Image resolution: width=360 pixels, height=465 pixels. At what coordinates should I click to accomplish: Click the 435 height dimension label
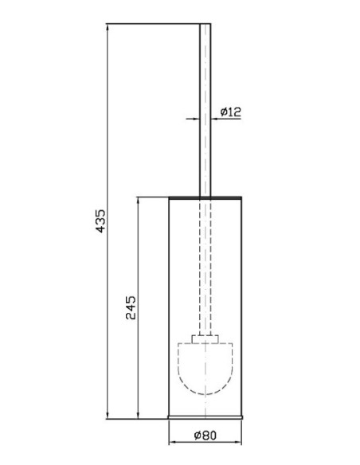click(x=101, y=221)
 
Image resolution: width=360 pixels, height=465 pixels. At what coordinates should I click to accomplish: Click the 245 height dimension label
click(x=131, y=307)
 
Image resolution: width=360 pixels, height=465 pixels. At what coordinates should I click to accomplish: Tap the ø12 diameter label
click(x=231, y=112)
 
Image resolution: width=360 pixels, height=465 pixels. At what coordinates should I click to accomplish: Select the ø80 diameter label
click(x=205, y=436)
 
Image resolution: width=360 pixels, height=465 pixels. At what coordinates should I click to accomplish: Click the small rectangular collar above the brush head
click(x=205, y=339)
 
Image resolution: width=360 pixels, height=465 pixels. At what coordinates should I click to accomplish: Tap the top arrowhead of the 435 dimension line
click(x=108, y=27)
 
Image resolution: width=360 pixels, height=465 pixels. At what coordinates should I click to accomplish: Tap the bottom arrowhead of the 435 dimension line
click(x=108, y=416)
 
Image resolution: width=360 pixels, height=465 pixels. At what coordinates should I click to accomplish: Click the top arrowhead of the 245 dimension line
click(x=138, y=201)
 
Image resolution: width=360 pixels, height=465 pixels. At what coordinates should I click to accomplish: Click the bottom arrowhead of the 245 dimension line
click(x=138, y=416)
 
